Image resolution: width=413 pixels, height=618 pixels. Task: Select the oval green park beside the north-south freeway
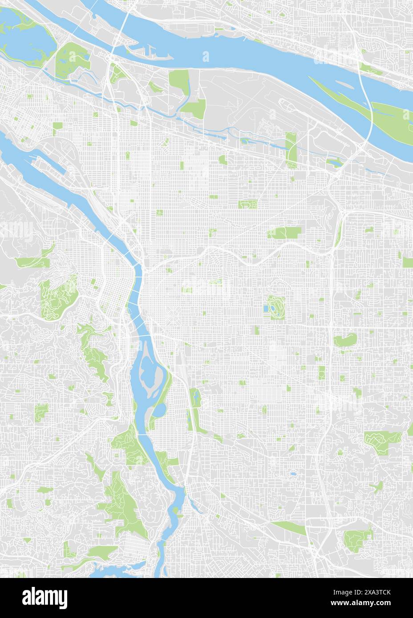click(344, 341)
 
